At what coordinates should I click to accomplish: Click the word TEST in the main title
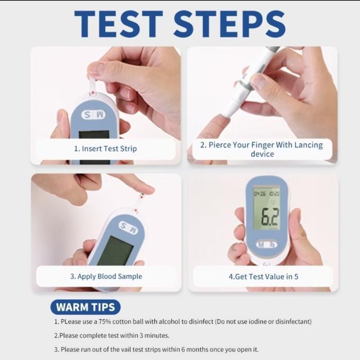coord(118,23)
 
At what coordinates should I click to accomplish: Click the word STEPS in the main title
coord(229,23)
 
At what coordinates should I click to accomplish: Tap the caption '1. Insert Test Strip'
coord(105,149)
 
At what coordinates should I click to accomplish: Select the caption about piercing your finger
coord(262,149)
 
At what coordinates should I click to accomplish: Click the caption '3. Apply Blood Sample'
coord(106,276)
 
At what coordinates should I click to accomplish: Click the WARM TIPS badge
coord(85,308)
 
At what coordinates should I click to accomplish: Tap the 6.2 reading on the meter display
coord(269,218)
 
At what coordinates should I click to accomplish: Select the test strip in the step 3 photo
coord(138,203)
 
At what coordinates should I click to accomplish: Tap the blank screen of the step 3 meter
coord(114,252)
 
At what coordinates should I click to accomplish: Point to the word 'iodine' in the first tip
coord(251,321)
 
